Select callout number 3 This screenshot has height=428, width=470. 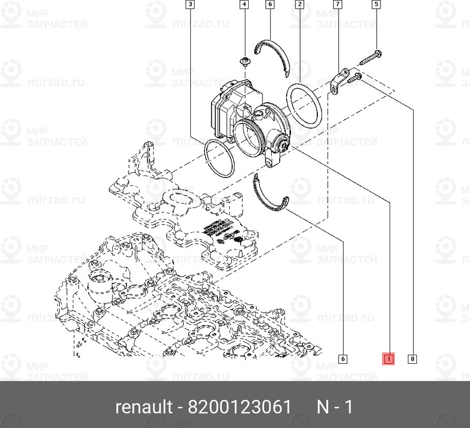tap(190, 5)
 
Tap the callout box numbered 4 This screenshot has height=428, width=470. tap(244, 5)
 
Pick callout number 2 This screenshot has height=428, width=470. tap(300, 5)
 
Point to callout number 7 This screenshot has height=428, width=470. tap(338, 5)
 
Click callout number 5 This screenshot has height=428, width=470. tap(376, 5)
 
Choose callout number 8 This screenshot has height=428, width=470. tap(412, 359)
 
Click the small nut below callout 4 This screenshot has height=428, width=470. tap(245, 63)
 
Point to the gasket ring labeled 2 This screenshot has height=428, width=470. tap(304, 105)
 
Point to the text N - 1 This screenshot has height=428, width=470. tap(335, 407)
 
